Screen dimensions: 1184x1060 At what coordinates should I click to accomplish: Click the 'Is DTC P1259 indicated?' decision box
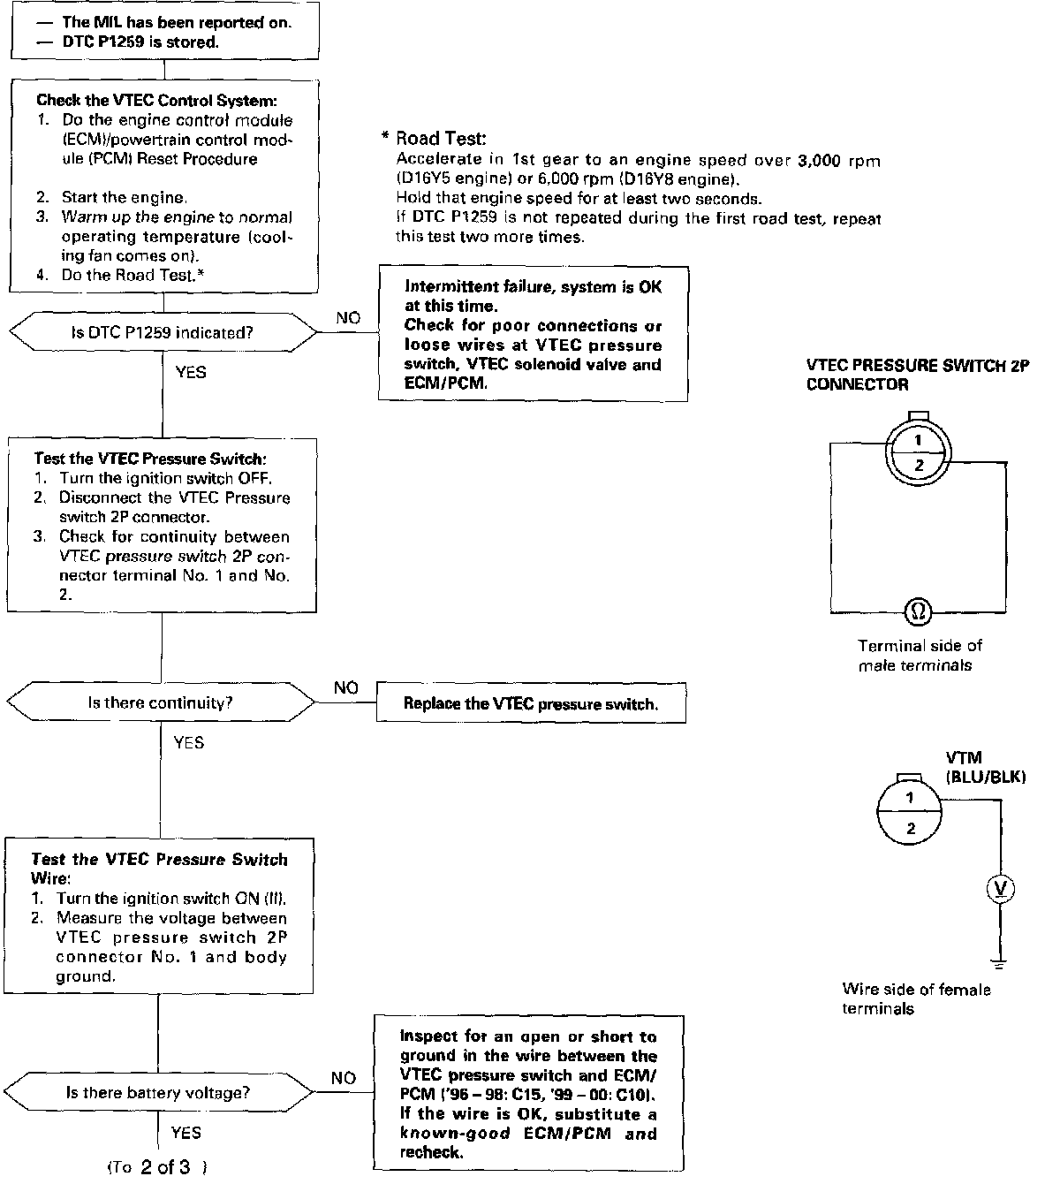click(163, 333)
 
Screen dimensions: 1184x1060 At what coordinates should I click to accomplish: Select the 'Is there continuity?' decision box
click(161, 703)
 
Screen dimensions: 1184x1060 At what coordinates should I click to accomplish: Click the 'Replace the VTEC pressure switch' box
click(531, 704)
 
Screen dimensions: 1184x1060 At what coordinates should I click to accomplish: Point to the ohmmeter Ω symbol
click(919, 610)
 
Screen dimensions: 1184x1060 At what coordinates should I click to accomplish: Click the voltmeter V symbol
click(1000, 890)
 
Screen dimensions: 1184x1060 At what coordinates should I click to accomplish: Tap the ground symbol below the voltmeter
click(1000, 961)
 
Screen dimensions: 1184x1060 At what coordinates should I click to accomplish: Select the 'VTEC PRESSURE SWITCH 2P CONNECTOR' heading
click(918, 375)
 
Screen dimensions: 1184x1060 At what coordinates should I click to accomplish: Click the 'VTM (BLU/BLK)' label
click(985, 768)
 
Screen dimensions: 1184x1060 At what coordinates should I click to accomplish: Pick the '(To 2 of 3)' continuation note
click(156, 1167)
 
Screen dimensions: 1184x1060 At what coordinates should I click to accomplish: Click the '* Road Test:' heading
click(434, 138)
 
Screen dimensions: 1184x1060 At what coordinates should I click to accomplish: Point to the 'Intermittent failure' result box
click(533, 335)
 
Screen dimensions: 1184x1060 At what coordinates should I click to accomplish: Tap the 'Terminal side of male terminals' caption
click(920, 655)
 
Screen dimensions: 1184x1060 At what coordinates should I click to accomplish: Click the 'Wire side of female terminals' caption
click(916, 998)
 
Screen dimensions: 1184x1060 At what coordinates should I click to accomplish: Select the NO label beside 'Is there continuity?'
click(346, 687)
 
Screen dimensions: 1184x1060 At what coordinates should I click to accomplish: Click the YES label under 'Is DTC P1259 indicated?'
click(191, 372)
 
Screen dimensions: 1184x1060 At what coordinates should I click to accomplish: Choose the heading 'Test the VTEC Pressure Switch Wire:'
click(158, 869)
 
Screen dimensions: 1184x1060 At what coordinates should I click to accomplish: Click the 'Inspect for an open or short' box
click(528, 1094)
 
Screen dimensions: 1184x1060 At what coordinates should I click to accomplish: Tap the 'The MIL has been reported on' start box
click(164, 32)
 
